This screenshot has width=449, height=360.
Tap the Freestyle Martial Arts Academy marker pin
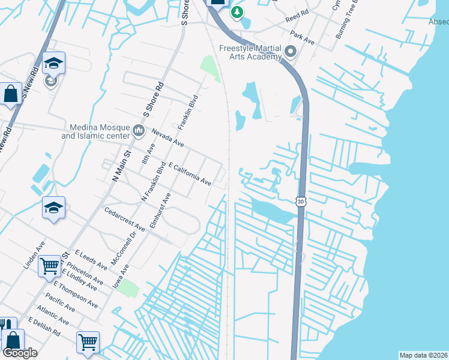click(291, 52)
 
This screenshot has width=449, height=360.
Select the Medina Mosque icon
click(139, 130)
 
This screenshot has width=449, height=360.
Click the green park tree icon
click(237, 12)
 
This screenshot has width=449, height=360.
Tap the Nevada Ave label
click(167, 138)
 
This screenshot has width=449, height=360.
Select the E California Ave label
click(190, 173)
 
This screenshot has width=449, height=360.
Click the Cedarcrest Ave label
click(125, 220)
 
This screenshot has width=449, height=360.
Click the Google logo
click(20, 353)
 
